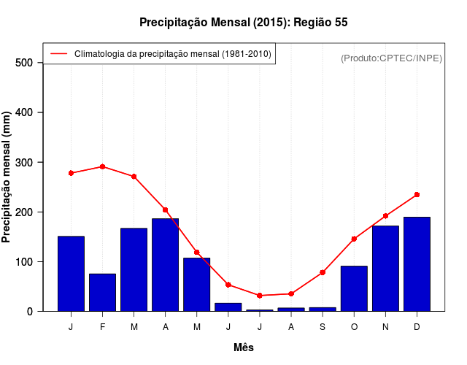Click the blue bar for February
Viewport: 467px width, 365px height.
pos(102,292)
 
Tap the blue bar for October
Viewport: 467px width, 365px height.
pos(354,288)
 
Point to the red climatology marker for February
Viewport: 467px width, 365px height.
pos(102,166)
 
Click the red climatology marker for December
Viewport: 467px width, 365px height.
pos(417,195)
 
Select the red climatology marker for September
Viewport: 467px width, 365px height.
pos(323,272)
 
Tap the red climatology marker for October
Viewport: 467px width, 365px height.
pos(354,239)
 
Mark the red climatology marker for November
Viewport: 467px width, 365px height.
pos(385,216)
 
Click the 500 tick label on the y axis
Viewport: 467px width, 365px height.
pos(24,63)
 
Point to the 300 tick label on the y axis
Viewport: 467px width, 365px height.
pos(24,162)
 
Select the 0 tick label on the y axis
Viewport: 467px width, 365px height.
pos(29,311)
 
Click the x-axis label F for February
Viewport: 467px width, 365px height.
pos(102,327)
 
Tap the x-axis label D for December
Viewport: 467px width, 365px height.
pos(417,327)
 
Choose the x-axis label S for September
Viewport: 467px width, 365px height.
pos(323,327)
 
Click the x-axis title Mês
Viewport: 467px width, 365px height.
pos(244,347)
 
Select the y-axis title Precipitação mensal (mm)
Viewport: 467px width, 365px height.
pos(7,177)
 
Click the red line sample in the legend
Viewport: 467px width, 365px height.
pos(58,53)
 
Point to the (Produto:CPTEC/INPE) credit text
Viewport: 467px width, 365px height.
pos(391,58)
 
